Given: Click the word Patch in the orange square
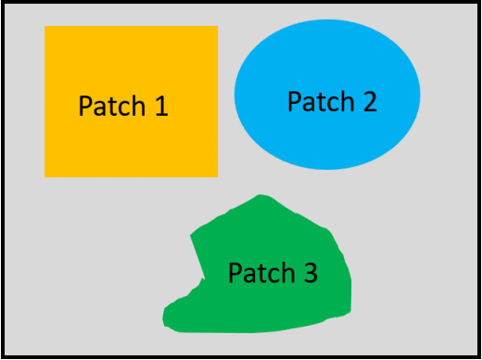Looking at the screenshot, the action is click(112, 106).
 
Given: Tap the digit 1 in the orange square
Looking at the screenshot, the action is click(162, 106).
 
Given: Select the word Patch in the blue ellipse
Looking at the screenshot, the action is click(321, 101).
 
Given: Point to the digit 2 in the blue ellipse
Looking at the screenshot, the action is click(370, 101).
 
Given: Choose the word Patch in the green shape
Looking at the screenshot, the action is click(261, 273).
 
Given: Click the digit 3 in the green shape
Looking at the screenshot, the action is click(311, 273).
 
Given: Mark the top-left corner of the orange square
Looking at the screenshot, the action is click(44, 26).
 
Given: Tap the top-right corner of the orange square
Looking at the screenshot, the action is click(218, 26).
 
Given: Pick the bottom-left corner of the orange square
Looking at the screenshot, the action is click(44, 177).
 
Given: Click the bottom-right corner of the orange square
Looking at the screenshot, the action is click(218, 177).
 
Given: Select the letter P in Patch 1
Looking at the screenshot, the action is click(86, 106).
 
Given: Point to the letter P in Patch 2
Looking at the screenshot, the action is click(295, 101).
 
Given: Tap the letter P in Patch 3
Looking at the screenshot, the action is click(235, 273).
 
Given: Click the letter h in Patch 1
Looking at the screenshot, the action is click(139, 105).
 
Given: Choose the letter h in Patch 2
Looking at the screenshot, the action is click(348, 101).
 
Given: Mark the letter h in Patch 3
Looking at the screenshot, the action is click(288, 272).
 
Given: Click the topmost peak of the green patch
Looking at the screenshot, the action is click(260, 195).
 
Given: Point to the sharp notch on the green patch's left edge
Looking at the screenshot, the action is click(204, 278).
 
